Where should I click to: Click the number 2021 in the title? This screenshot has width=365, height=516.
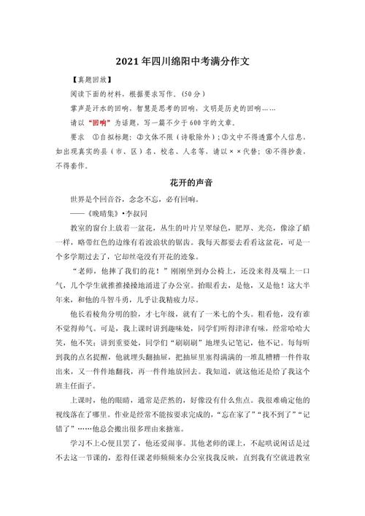click(x=129, y=63)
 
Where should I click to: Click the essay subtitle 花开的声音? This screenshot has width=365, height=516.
click(x=181, y=180)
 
